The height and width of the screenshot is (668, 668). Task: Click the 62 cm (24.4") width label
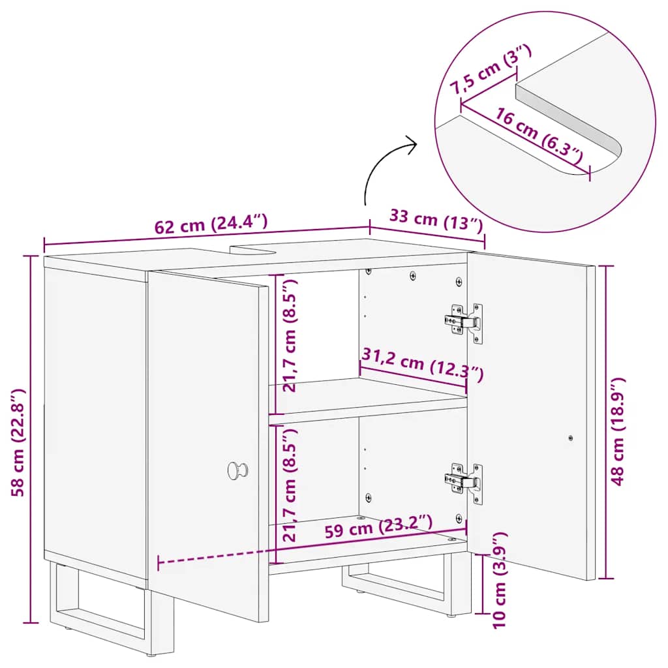click(210, 225)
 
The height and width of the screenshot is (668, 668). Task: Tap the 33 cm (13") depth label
click(436, 220)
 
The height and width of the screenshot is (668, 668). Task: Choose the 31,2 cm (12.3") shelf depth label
click(421, 367)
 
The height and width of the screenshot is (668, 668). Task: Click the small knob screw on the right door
click(571, 439)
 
